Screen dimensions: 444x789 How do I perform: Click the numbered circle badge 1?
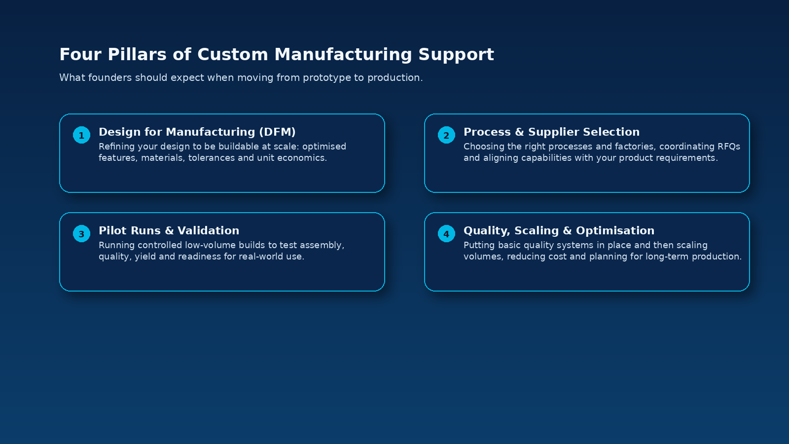click(81, 135)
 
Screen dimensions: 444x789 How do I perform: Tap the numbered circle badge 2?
click(446, 135)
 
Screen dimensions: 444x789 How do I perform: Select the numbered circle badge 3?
click(81, 234)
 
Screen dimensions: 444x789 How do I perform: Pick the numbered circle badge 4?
click(446, 234)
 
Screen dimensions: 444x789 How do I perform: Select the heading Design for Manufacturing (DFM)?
click(197, 132)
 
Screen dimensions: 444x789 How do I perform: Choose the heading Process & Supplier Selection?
click(551, 132)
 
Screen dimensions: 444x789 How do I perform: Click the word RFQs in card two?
click(727, 147)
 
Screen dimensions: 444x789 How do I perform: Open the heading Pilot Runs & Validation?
click(169, 231)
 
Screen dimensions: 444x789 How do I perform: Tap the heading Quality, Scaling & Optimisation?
click(559, 231)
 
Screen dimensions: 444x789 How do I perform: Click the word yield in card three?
click(145, 257)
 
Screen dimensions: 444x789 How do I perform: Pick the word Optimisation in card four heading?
click(615, 231)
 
